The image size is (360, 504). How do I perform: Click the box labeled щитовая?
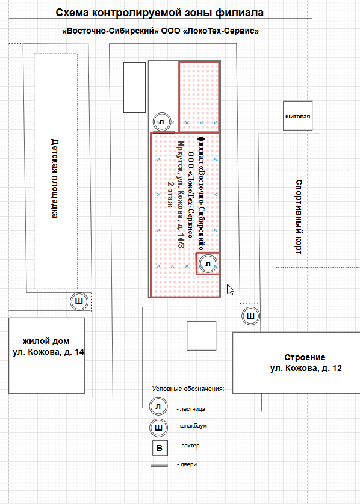click(297, 115)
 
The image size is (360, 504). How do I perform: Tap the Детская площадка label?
click(55, 179)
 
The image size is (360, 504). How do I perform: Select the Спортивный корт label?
click(299, 217)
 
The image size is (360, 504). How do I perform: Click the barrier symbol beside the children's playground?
click(79, 301)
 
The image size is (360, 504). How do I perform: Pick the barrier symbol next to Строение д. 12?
click(250, 316)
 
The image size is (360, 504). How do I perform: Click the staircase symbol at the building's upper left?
click(161, 122)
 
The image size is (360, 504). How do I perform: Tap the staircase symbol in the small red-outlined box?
click(208, 264)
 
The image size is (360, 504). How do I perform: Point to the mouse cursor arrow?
click(230, 289)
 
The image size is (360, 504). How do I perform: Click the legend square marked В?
click(160, 448)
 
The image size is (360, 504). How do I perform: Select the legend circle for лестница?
click(158, 407)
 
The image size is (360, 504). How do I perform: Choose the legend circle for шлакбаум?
click(158, 428)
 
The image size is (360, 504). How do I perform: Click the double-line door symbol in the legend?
click(160, 465)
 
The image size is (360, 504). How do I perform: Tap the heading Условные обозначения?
click(188, 389)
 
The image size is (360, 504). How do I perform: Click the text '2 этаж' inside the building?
click(170, 194)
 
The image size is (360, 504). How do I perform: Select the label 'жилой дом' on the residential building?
click(46, 341)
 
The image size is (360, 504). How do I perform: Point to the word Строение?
click(305, 357)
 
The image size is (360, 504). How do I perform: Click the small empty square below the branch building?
click(202, 336)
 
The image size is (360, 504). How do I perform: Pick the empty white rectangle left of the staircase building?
click(134, 87)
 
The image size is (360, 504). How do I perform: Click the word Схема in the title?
click(72, 13)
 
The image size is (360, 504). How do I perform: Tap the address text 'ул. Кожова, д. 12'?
click(306, 368)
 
